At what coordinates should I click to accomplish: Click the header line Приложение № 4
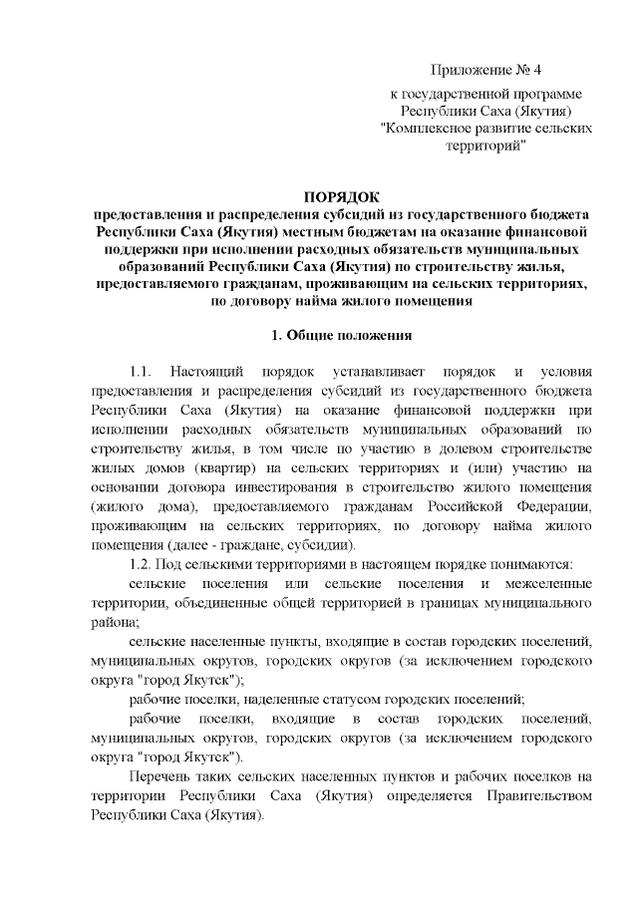pos(484,72)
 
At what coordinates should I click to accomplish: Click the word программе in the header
pos(536,92)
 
